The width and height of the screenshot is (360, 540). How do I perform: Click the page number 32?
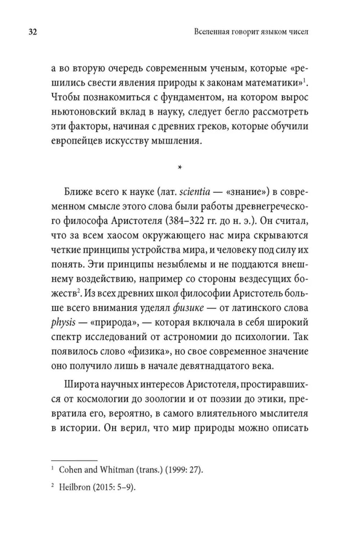pyautogui.click(x=32, y=32)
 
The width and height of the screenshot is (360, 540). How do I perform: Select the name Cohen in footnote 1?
pyautogui.click(x=70, y=470)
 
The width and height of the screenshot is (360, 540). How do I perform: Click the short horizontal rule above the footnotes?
pyautogui.click(x=75, y=460)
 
